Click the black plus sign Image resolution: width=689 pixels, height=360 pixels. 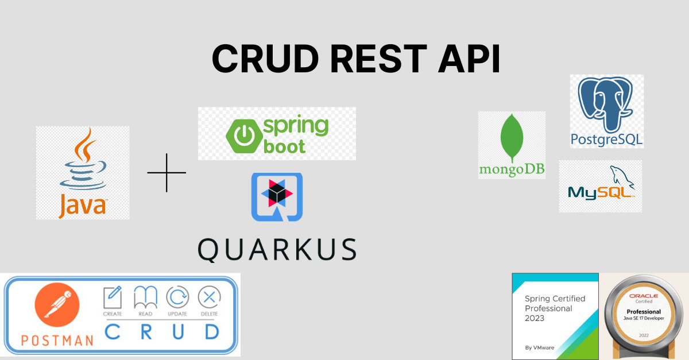[x=167, y=172]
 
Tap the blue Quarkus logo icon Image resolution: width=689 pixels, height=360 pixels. [x=277, y=196]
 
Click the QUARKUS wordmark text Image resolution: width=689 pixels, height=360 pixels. [x=277, y=249]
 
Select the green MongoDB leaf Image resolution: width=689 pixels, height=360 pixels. [x=511, y=138]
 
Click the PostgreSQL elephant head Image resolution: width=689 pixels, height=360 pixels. [x=606, y=103]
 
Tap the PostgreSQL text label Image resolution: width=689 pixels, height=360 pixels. [x=606, y=139]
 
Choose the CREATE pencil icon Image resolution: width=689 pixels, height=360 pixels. [x=113, y=297]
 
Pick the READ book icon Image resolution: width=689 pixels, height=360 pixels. [x=145, y=297]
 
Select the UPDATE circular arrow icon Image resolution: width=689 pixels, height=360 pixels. [x=177, y=297]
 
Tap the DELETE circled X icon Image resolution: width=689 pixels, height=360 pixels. [x=210, y=297]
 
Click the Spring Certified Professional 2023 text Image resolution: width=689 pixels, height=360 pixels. [x=555, y=308]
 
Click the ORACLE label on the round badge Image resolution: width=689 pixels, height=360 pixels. [x=643, y=296]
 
